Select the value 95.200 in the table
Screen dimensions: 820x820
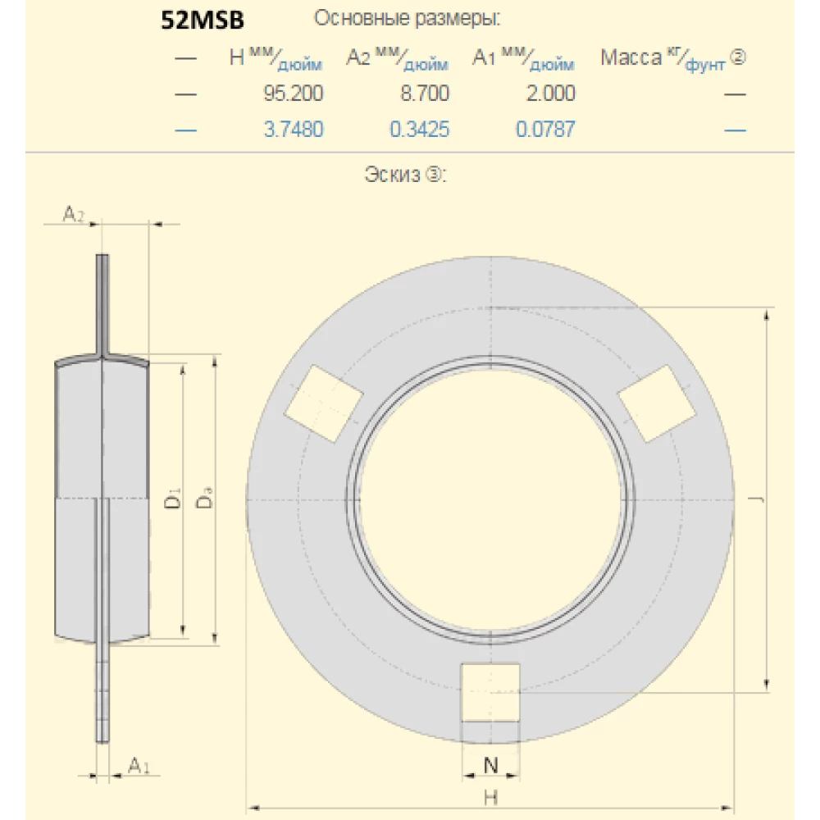293,93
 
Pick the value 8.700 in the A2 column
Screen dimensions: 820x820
424,93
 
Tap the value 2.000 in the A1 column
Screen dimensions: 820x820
550,93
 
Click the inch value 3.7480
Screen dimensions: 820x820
293,129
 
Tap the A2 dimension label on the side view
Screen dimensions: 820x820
74,215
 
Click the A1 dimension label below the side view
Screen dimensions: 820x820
139,766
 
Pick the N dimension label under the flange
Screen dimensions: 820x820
490,766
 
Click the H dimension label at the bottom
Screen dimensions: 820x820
490,795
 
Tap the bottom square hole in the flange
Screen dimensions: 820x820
490,692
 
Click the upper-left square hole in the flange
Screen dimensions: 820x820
324,403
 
